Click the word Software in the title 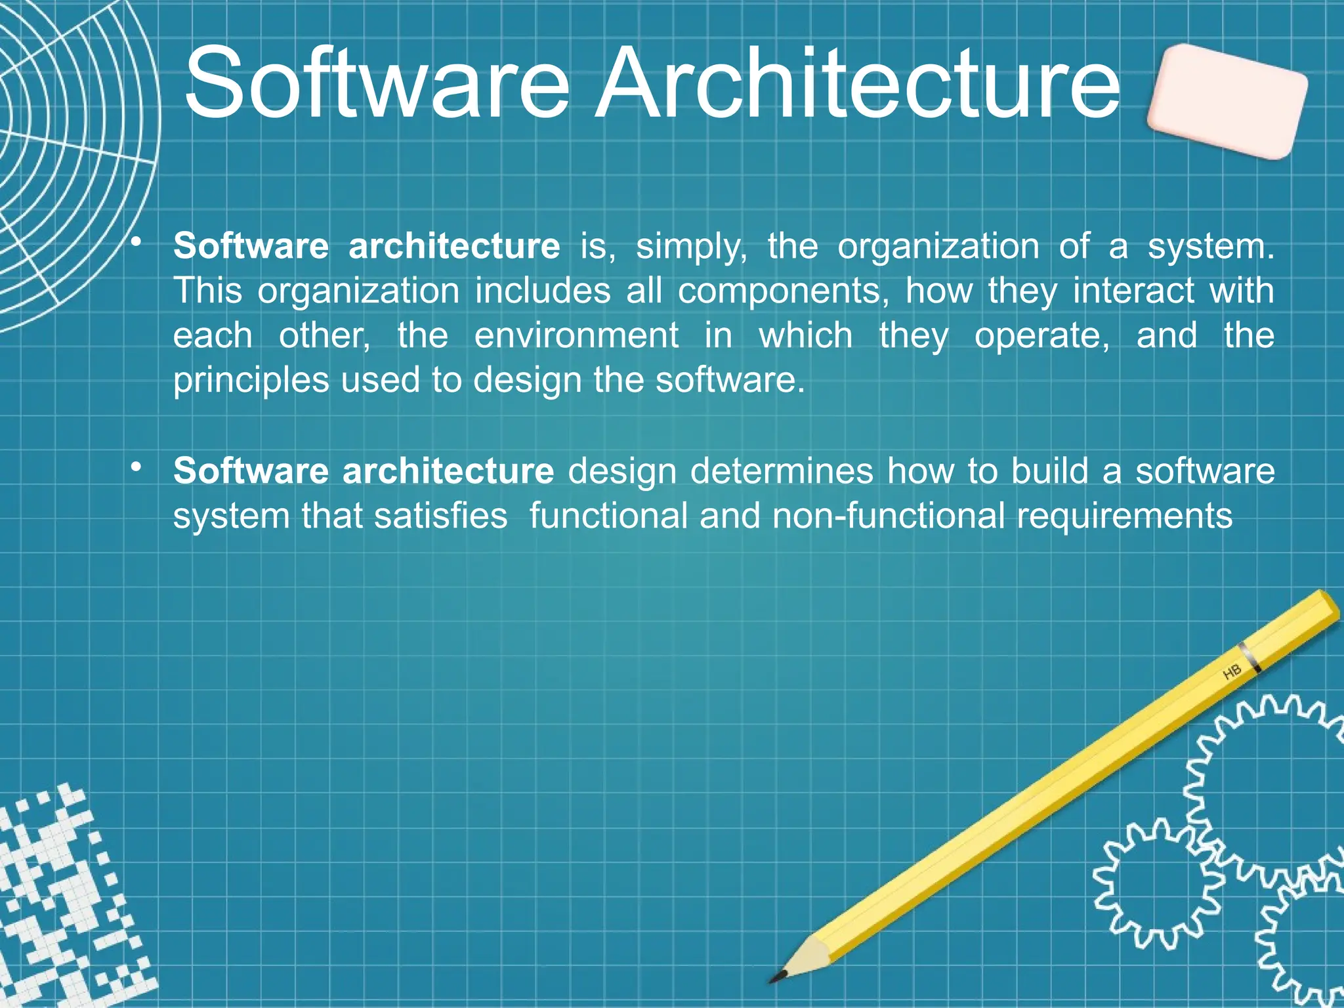tap(377, 84)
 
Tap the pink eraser tap(1227, 101)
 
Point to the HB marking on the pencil tap(1232, 672)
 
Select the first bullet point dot tap(136, 242)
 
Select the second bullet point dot tap(136, 467)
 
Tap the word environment tap(576, 336)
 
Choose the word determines tap(782, 471)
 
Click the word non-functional tap(888, 516)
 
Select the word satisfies tap(440, 516)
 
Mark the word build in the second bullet tap(1049, 471)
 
